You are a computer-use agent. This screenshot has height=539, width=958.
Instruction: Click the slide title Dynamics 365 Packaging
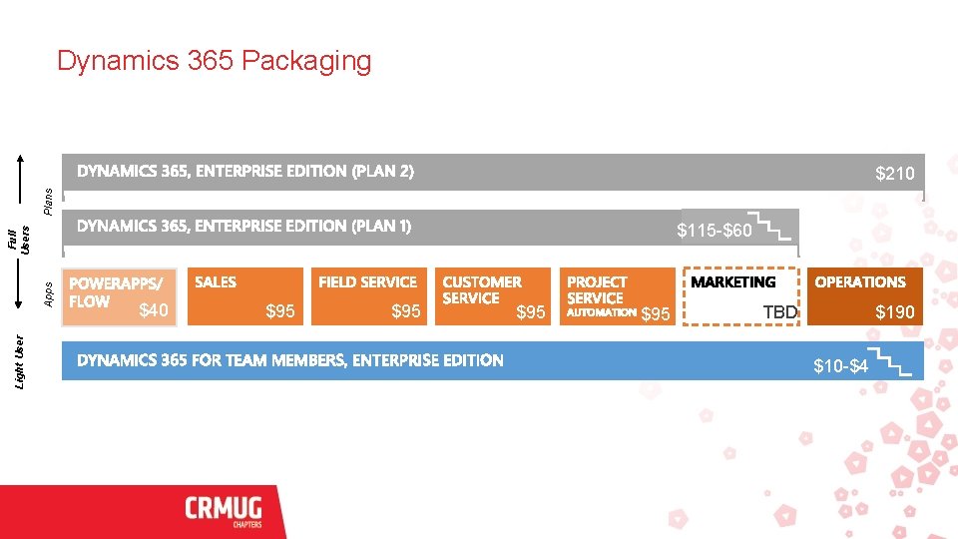click(214, 61)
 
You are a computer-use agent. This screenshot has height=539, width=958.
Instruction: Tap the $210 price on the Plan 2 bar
click(894, 175)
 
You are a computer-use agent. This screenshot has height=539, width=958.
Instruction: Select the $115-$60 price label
click(714, 232)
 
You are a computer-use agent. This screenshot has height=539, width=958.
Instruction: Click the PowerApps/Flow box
click(119, 295)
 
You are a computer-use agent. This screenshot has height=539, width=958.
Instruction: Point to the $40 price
click(153, 311)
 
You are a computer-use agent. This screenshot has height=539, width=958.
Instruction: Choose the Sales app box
click(243, 295)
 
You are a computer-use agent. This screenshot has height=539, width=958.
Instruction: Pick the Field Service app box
click(367, 295)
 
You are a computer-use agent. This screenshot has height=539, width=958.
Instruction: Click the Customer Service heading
click(481, 289)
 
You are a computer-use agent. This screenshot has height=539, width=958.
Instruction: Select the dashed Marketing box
click(740, 295)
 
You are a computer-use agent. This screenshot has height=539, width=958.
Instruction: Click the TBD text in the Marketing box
click(780, 312)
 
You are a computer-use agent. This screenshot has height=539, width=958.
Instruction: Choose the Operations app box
click(865, 295)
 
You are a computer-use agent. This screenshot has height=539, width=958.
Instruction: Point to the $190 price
click(894, 312)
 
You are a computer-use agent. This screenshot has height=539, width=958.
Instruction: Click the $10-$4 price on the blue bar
click(840, 366)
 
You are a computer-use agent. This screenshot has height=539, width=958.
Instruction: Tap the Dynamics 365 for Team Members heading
click(290, 360)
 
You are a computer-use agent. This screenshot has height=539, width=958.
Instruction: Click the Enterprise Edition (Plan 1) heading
click(243, 226)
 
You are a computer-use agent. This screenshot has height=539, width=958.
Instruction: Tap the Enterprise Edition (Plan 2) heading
click(244, 171)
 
